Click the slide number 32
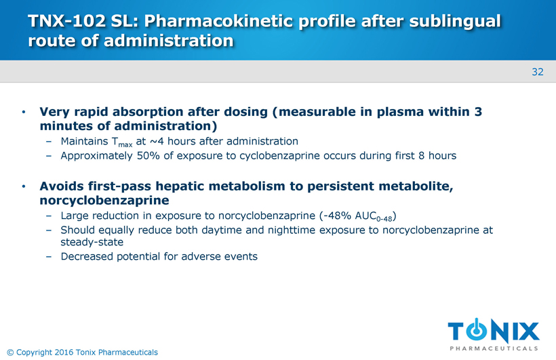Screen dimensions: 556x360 coord(538,72)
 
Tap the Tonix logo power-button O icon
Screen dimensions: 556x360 coord(477,330)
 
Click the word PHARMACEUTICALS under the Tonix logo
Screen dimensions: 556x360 coord(494,348)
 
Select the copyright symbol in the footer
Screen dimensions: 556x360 coord(10,353)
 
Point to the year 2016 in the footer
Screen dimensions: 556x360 coord(64,352)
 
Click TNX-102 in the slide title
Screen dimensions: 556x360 coord(66,21)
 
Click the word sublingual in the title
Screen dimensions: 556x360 coord(455,22)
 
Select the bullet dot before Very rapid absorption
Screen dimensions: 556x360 coord(24,112)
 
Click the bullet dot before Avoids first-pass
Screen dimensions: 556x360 coord(24,186)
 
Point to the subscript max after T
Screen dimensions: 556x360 coord(125,144)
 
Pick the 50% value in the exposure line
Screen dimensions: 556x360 coord(148,156)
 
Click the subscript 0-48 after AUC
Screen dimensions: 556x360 coord(384,219)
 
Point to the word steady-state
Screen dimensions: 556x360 coord(92,242)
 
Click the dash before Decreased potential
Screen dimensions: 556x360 coord(49,257)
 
